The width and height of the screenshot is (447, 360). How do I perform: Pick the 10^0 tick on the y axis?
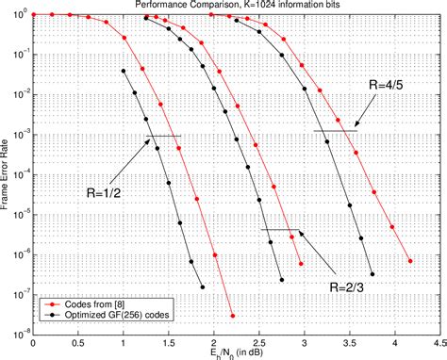(21, 15)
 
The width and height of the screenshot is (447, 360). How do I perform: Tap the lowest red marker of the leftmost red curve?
(232, 315)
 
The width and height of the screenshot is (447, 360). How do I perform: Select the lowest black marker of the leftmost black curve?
(203, 286)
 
